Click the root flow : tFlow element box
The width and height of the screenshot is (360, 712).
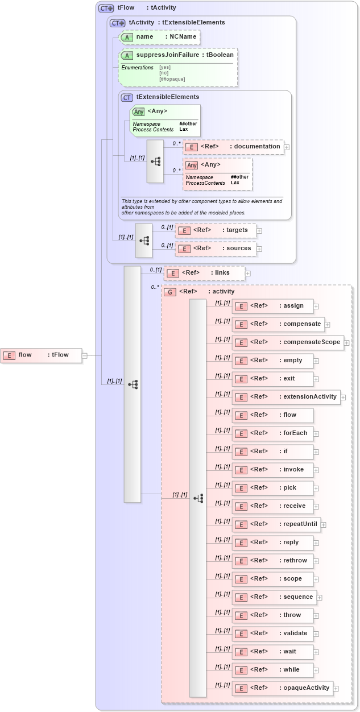[42, 355]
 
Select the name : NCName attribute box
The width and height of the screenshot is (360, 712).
[160, 37]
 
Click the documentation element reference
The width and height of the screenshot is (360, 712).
[233, 147]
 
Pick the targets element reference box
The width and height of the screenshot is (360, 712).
[216, 230]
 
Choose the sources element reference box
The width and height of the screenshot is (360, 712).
[216, 249]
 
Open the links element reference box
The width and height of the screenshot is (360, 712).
[204, 273]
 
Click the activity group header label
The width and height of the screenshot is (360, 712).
[198, 292]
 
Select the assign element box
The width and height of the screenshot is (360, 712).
[272, 306]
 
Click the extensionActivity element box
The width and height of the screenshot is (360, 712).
[287, 397]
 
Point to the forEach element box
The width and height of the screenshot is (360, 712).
[272, 433]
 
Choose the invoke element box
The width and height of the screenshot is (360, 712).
[272, 470]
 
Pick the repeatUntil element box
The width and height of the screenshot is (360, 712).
[276, 524]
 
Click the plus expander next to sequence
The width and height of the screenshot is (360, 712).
[320, 598]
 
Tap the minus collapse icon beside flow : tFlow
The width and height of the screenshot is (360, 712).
[85, 356]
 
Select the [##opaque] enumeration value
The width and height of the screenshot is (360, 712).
[172, 79]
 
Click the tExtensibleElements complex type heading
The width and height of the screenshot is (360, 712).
[167, 97]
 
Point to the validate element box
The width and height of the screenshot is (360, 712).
[272, 634]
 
